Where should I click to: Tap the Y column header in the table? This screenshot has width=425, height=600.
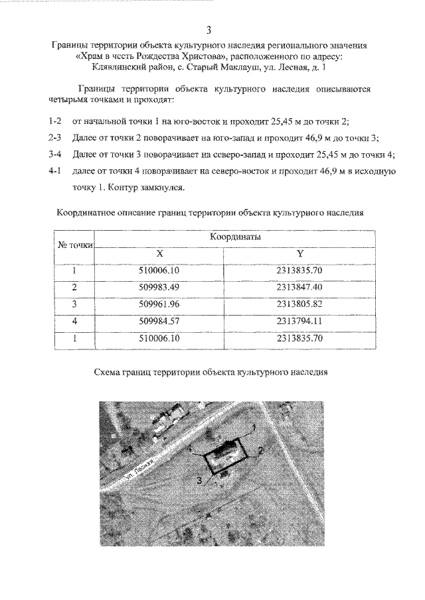300,253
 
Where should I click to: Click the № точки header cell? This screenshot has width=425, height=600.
75,245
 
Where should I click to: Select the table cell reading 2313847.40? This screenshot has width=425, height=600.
300,287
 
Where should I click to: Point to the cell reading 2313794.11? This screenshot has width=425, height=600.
300,321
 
